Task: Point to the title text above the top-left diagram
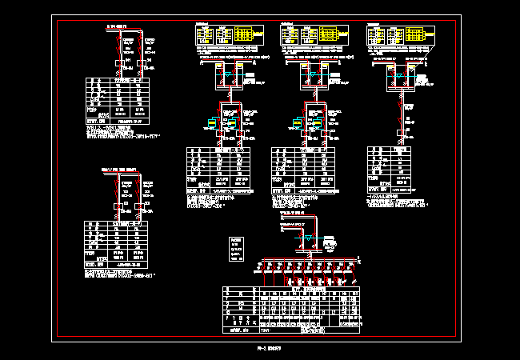[x=118, y=27]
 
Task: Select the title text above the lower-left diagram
[x=117, y=170]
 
